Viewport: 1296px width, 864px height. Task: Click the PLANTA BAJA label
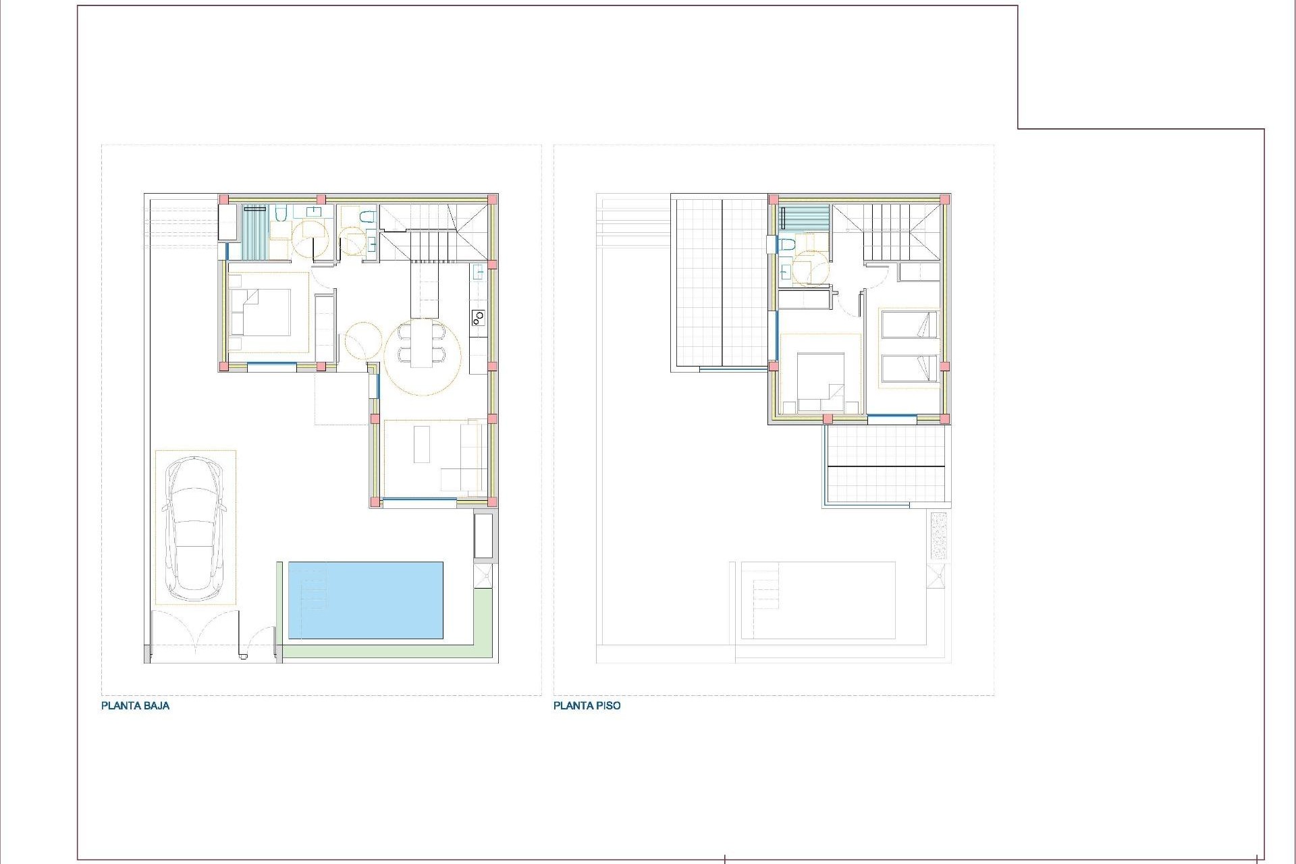[135, 706]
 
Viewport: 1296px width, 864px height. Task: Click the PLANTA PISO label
[587, 706]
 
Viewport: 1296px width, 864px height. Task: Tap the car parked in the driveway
[195, 529]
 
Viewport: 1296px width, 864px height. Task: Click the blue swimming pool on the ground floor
[366, 600]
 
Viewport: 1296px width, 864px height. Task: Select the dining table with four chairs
[423, 343]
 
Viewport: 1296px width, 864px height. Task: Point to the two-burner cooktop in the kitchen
[478, 317]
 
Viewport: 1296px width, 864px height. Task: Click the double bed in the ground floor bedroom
[261, 312]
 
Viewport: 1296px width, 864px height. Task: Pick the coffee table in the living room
[422, 443]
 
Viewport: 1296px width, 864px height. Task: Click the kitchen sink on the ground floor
[478, 273]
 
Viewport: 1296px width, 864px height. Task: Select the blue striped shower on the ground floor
[255, 232]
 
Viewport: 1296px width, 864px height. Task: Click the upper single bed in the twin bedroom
[909, 324]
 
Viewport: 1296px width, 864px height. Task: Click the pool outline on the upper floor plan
[818, 600]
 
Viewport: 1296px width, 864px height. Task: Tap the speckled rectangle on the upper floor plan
[939, 535]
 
